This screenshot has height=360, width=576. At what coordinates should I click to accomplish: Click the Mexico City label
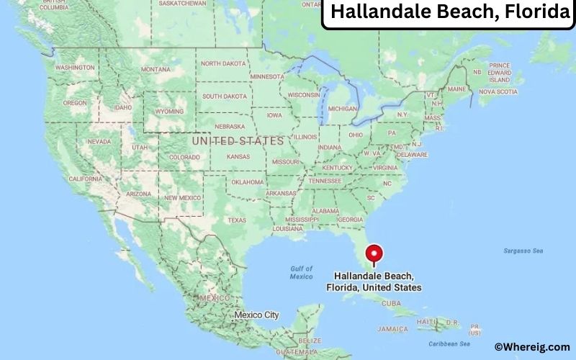256,315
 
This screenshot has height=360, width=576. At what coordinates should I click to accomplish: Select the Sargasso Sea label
523,251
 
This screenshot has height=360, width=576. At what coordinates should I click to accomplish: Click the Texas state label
237,220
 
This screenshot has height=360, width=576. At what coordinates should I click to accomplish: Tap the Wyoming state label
169,112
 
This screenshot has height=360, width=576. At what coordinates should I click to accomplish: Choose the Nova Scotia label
498,92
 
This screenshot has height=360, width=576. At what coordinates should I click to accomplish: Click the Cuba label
391,303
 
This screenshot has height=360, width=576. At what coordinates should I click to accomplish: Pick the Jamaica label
392,329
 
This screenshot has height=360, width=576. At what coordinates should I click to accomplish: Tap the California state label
85,179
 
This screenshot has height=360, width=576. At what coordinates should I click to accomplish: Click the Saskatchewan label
183,4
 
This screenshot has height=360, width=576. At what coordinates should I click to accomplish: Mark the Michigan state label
342,109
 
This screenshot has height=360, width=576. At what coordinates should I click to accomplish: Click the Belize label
312,340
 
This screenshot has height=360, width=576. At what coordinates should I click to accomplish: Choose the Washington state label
75,68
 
